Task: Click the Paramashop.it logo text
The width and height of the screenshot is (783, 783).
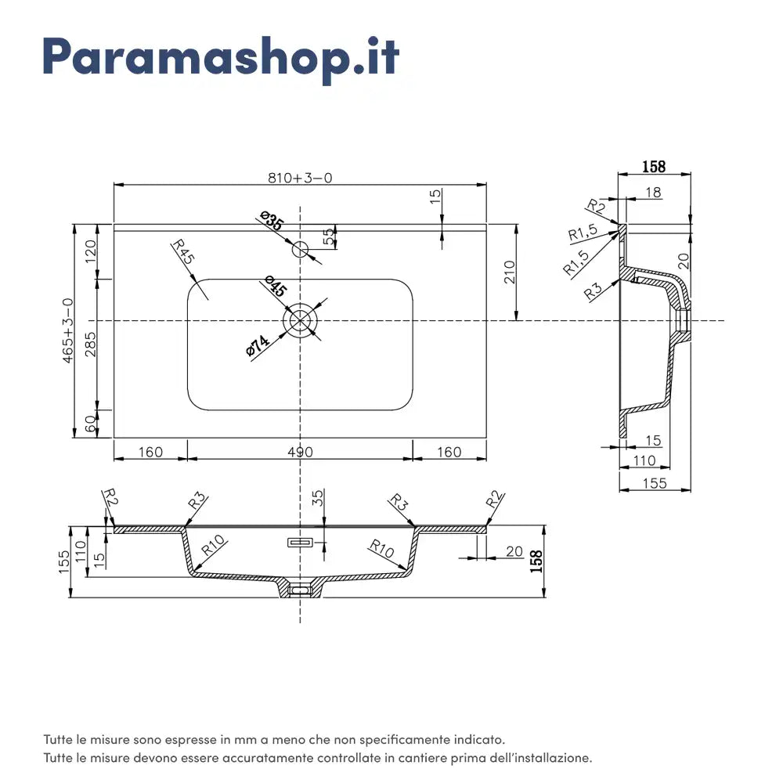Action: click(221, 56)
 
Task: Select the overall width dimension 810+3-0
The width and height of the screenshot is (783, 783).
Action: click(300, 178)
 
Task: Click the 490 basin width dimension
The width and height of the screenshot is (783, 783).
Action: click(300, 452)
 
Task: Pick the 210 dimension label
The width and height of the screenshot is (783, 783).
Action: click(509, 272)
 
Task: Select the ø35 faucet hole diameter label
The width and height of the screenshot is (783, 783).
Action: click(272, 222)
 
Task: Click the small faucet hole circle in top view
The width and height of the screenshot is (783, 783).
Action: click(300, 250)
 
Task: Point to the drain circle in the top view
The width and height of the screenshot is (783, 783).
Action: click(300, 321)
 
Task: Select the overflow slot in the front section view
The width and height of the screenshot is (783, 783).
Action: click(301, 542)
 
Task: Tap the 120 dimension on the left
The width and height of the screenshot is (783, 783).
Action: click(90, 251)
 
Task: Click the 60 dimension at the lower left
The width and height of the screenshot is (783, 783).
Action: click(90, 424)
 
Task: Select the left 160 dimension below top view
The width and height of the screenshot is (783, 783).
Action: click(150, 452)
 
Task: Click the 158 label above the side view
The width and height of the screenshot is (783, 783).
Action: click(654, 167)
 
